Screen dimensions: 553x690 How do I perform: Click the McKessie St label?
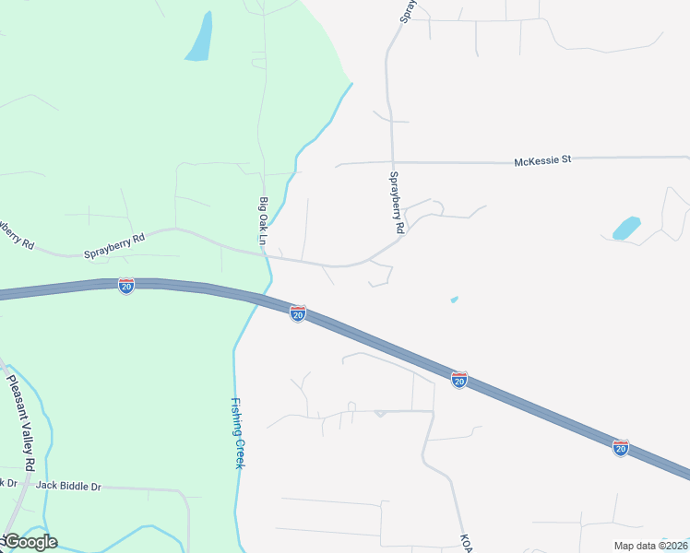point(542,159)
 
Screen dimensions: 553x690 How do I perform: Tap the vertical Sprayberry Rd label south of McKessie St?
point(396,202)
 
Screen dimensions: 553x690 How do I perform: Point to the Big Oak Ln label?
point(263,222)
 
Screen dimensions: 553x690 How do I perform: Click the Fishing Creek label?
point(237,432)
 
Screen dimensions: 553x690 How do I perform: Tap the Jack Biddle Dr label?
point(68,486)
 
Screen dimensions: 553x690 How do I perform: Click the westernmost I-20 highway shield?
point(125,286)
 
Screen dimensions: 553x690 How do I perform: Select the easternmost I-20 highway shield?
point(621,448)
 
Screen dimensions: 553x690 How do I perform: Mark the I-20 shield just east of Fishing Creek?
point(297,314)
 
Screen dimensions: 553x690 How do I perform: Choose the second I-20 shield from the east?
point(459,379)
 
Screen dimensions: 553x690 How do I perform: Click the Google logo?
point(30,542)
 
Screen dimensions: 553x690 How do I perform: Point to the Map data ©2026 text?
point(649,546)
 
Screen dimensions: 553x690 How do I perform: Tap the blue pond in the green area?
point(198,38)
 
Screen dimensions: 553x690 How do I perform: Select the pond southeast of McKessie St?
point(626,228)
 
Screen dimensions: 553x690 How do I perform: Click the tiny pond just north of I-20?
point(454,299)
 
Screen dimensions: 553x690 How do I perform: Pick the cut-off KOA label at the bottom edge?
point(466,543)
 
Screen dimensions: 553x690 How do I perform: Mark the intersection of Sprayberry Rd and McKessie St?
point(392,163)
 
